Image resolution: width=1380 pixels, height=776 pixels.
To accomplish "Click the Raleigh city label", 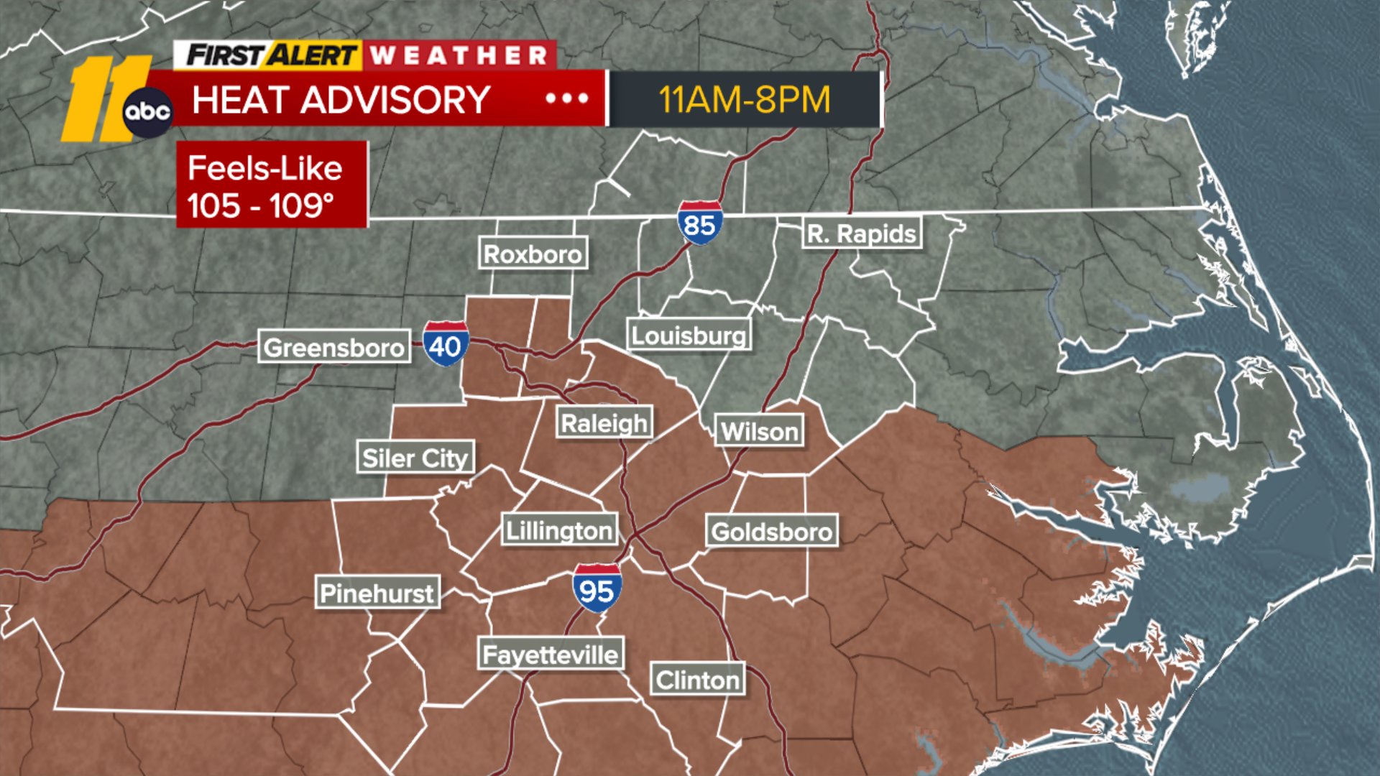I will click(604, 423).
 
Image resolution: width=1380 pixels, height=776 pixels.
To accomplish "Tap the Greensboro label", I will click(334, 347).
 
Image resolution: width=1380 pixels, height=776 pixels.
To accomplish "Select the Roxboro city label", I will click(533, 254).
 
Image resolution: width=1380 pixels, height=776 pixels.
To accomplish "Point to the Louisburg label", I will click(689, 335).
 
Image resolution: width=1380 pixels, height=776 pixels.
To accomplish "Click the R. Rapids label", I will click(862, 234).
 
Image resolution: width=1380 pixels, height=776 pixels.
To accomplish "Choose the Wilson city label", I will click(760, 431).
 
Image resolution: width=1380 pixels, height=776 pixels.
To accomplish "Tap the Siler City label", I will click(415, 458).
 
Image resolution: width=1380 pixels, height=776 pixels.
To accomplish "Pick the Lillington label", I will click(559, 530).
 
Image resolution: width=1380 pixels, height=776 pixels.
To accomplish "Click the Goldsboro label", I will click(772, 532).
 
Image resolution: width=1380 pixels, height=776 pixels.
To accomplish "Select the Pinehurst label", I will click(377, 593).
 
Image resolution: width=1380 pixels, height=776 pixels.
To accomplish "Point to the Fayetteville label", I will click(550, 655).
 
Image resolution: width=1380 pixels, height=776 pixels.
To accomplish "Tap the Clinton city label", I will click(697, 680).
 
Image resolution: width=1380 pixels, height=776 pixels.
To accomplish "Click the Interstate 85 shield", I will click(699, 223).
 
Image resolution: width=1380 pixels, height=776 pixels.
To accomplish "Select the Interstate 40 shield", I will click(446, 344).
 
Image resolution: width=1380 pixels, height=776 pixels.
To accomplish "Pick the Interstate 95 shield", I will click(597, 588).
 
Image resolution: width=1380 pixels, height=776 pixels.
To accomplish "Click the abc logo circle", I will click(147, 112).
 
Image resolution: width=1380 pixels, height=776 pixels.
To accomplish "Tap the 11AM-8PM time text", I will click(745, 99).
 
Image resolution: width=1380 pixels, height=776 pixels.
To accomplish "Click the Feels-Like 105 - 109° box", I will click(272, 185).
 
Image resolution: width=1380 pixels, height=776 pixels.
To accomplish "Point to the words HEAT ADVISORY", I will click(341, 99).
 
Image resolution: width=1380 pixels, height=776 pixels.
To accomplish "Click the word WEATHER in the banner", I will click(459, 55).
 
